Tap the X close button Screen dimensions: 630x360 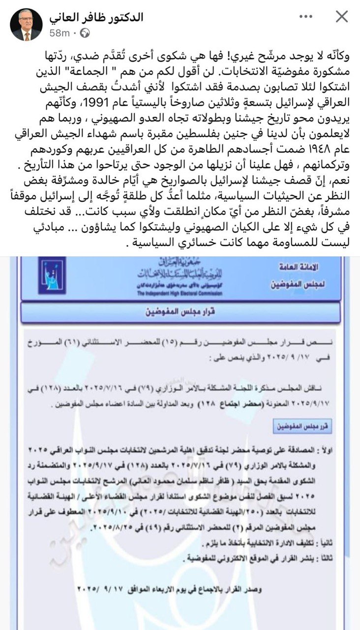click(x=341, y=17)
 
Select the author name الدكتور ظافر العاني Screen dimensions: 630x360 click(x=96, y=17)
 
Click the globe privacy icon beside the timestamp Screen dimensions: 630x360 click(x=85, y=33)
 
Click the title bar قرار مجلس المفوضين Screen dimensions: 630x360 click(x=180, y=313)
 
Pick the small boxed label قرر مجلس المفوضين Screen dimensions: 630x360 click(x=302, y=426)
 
